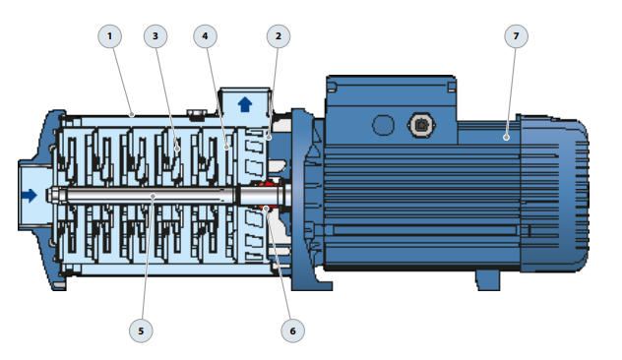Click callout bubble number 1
click(x=110, y=36)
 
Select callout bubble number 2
click(x=279, y=36)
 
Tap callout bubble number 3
click(x=155, y=36)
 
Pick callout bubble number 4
click(x=205, y=36)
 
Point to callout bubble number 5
click(x=141, y=330)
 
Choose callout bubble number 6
click(x=292, y=330)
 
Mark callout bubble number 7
click(x=516, y=36)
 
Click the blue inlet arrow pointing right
click(x=30, y=195)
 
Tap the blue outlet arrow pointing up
click(x=245, y=104)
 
